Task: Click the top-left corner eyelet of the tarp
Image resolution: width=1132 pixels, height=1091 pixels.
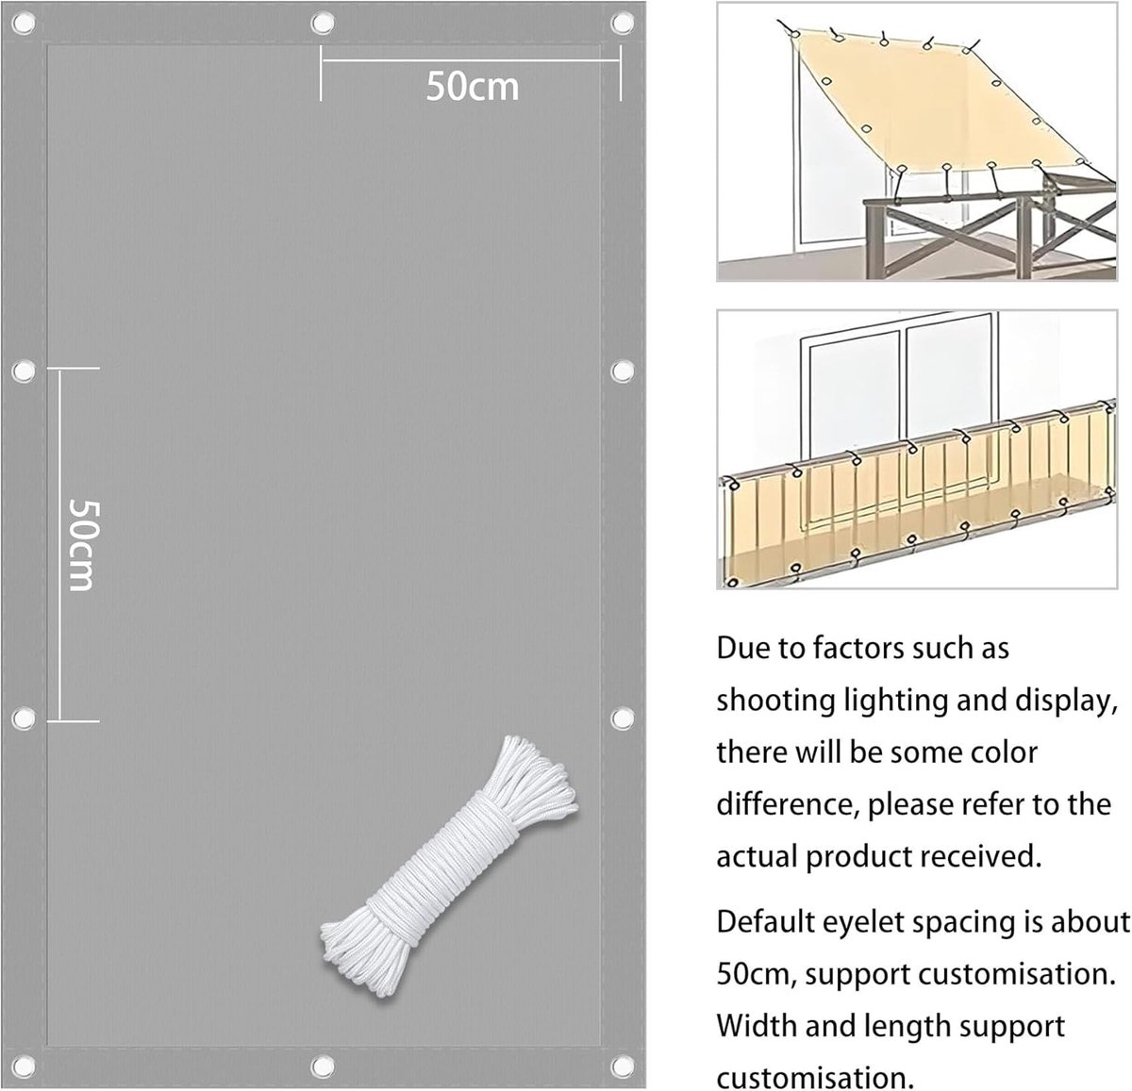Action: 24,24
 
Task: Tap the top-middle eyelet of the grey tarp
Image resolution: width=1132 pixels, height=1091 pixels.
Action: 323,24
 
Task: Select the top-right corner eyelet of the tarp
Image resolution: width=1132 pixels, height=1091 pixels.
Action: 622,24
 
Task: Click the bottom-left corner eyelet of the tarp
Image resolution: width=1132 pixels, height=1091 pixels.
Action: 24,1066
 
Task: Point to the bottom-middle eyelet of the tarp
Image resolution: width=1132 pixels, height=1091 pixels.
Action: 323,1066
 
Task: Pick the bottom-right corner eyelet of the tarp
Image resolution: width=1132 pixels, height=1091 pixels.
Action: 622,1066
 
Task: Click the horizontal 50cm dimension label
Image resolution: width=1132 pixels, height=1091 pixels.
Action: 472,87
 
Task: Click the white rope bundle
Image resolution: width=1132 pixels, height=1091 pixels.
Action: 449,866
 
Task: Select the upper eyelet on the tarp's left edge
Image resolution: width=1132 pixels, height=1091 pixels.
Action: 24,371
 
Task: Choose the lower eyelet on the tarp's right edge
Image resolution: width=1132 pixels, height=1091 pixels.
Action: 622,719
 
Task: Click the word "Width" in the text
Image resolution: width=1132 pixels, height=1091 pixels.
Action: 755,1026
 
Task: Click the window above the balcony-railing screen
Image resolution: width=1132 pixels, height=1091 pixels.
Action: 899,402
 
